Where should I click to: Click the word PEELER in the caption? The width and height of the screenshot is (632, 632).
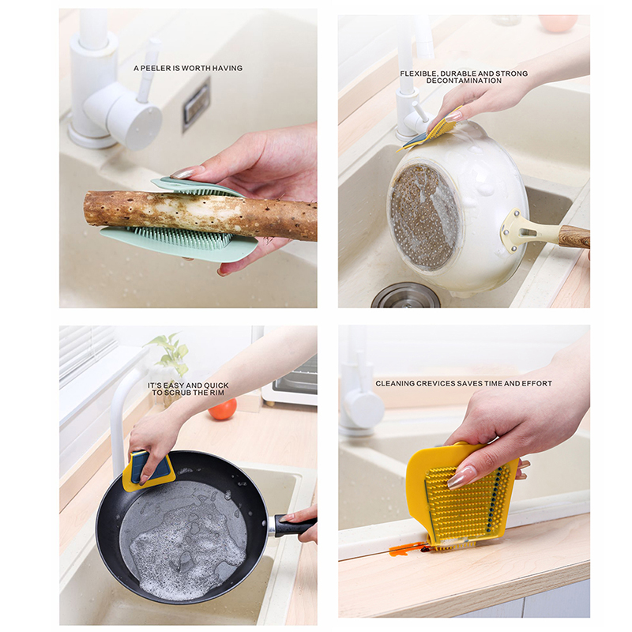click(155, 68)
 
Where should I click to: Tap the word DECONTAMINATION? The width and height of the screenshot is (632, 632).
click(464, 81)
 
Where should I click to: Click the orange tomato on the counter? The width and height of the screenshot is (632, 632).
click(222, 409)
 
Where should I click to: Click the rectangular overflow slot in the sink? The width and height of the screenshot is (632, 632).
click(196, 104)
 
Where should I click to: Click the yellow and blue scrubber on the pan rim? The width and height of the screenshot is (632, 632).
click(149, 471)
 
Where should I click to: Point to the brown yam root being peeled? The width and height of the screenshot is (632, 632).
click(201, 216)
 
